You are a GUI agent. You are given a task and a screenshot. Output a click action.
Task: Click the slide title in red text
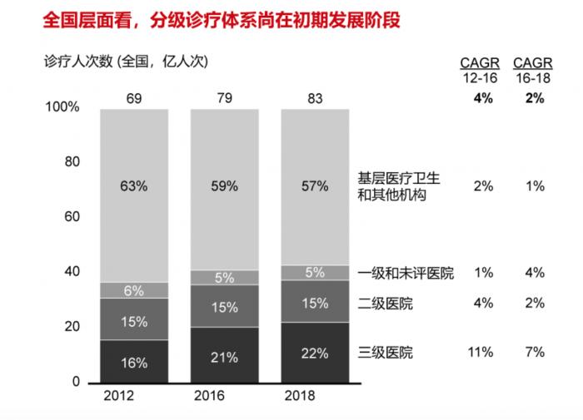pyautogui.click(x=208, y=19)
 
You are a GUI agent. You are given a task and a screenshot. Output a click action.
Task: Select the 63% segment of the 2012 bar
pyautogui.click(x=134, y=186)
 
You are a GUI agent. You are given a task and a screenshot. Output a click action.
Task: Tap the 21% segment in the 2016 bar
pyautogui.click(x=224, y=358)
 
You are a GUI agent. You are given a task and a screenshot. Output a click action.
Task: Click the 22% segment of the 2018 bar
pyautogui.click(x=315, y=353)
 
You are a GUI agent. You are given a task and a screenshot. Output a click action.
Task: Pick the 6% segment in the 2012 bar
pyautogui.click(x=134, y=290)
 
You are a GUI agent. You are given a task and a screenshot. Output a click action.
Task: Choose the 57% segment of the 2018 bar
pyautogui.click(x=315, y=186)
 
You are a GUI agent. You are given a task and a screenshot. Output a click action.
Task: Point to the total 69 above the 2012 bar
pyautogui.click(x=134, y=100)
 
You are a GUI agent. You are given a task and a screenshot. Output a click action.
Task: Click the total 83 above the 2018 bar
pyautogui.click(x=315, y=100)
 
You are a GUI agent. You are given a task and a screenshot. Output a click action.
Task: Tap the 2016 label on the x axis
pyautogui.click(x=224, y=396)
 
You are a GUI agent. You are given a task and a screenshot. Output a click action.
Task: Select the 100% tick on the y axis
pyautogui.click(x=64, y=107)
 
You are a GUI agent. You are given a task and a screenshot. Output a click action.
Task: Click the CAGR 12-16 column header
pyautogui.click(x=483, y=71)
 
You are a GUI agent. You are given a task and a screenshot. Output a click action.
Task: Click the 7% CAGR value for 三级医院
pyautogui.click(x=535, y=353)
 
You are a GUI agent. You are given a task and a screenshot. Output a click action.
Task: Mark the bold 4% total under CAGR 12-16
pyautogui.click(x=483, y=98)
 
